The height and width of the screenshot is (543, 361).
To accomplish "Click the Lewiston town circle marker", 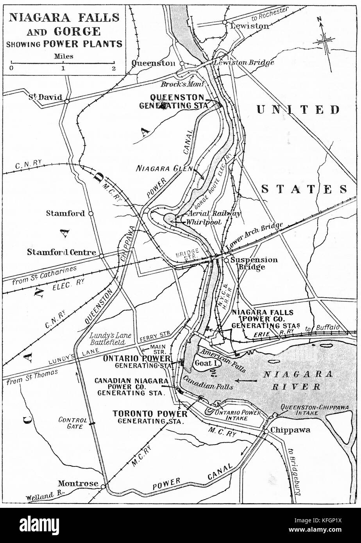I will (225, 22).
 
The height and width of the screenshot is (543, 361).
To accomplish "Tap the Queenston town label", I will (154, 63).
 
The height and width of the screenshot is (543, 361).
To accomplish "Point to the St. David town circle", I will (67, 101).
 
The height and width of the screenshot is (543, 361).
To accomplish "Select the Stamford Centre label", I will (61, 252).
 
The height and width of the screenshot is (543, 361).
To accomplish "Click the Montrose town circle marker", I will (103, 486).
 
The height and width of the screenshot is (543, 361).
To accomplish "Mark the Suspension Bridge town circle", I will (226, 260).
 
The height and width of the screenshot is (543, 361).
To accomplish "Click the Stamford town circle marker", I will (91, 214).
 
